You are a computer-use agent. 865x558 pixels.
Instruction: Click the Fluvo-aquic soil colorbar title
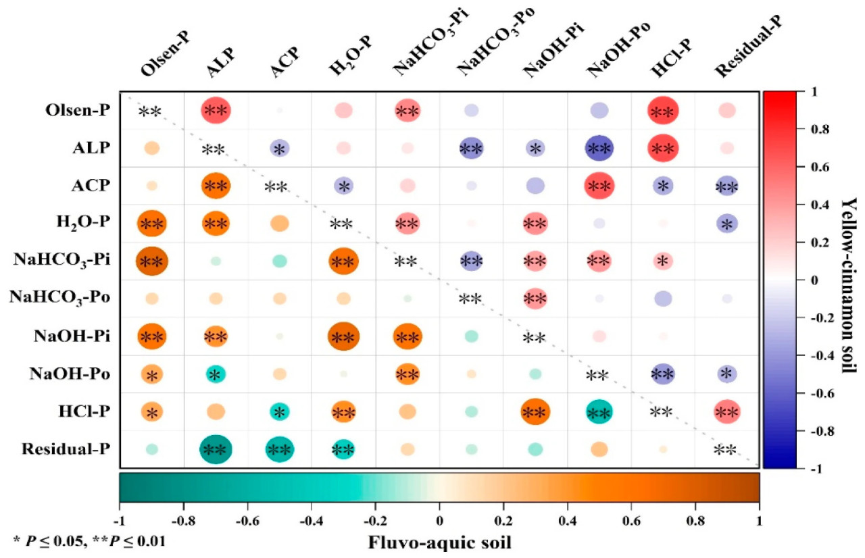(439, 541)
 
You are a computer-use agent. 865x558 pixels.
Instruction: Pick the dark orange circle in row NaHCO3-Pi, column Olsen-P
(151, 261)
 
